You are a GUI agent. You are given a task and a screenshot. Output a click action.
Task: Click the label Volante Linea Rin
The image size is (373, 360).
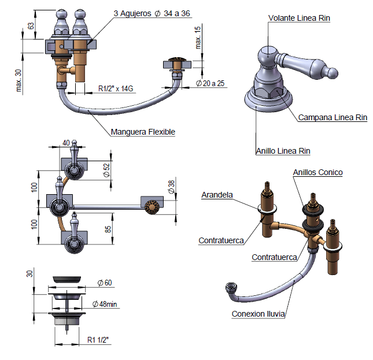point(299,18)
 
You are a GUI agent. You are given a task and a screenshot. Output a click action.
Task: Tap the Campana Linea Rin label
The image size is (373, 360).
point(333,117)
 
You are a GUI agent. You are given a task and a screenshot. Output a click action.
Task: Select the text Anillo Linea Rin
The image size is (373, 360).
point(283,151)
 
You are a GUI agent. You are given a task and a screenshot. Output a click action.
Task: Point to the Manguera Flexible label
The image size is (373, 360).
point(143,132)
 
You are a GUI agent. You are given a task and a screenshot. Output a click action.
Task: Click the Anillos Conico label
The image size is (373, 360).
point(317,172)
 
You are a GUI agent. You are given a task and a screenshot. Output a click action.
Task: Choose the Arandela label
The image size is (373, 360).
point(217,195)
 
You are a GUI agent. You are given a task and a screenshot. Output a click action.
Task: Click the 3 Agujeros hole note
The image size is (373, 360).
point(152,13)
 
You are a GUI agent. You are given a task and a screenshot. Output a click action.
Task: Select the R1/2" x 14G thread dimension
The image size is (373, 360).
point(116,88)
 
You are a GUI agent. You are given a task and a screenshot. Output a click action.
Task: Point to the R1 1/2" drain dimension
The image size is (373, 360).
point(98,339)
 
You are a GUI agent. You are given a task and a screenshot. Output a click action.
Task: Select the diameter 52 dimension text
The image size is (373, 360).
point(106,170)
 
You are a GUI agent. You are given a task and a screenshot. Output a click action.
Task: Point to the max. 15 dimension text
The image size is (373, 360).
point(198,38)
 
